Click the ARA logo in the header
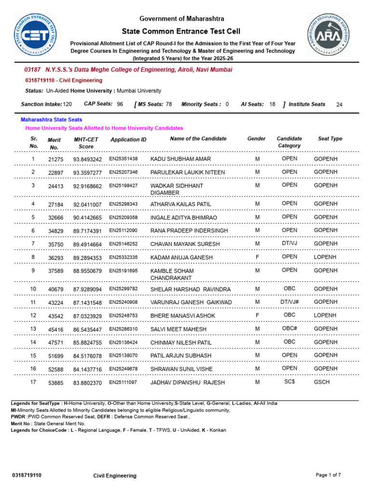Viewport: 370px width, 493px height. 328,34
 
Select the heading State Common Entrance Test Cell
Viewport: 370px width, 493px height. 182,31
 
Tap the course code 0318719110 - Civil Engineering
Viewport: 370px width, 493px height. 63,80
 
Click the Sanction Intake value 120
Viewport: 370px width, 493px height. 67,104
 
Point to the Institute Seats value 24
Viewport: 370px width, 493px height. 339,104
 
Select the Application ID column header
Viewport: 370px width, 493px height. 128,140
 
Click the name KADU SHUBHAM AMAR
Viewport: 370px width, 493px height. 180,159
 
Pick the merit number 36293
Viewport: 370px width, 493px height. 55,258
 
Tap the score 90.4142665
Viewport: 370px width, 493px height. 87,218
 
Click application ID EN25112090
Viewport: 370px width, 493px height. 123,230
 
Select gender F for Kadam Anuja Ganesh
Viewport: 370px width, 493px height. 257,257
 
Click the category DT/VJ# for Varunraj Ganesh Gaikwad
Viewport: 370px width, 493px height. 290,302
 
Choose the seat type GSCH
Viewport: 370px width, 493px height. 322,382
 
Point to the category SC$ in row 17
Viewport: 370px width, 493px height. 290,382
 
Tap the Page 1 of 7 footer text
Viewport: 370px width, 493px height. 328,475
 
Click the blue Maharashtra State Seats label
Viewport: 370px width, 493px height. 51,119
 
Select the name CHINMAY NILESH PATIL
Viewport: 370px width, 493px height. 181,342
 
